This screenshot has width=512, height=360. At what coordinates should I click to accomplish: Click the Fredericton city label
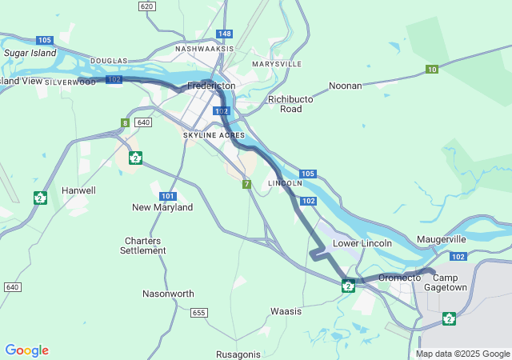coord(211,86)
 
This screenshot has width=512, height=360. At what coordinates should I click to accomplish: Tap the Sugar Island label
coord(30,53)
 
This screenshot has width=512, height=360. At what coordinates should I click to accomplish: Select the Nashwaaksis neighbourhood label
coord(204,49)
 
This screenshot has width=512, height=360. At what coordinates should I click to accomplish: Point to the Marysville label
coord(276,63)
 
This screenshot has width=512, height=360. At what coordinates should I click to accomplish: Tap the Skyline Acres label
coord(214,136)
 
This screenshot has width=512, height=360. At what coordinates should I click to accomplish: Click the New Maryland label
coord(162,207)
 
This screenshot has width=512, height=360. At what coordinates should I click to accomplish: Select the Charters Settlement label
coord(143,246)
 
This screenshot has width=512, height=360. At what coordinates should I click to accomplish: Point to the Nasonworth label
coord(168,294)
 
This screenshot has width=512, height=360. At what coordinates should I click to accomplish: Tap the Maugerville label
coord(441,239)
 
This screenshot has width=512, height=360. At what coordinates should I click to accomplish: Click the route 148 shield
coord(225,34)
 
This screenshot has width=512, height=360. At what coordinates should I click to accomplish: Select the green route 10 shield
coord(431,70)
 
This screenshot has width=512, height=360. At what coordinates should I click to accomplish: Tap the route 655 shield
coord(199,312)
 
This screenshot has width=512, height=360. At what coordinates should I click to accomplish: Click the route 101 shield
coord(167,196)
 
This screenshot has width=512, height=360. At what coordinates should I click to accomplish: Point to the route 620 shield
coord(146,6)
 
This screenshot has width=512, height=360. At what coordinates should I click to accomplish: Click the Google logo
coord(26,350)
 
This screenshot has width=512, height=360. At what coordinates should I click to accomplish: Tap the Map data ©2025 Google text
coord(462,354)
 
